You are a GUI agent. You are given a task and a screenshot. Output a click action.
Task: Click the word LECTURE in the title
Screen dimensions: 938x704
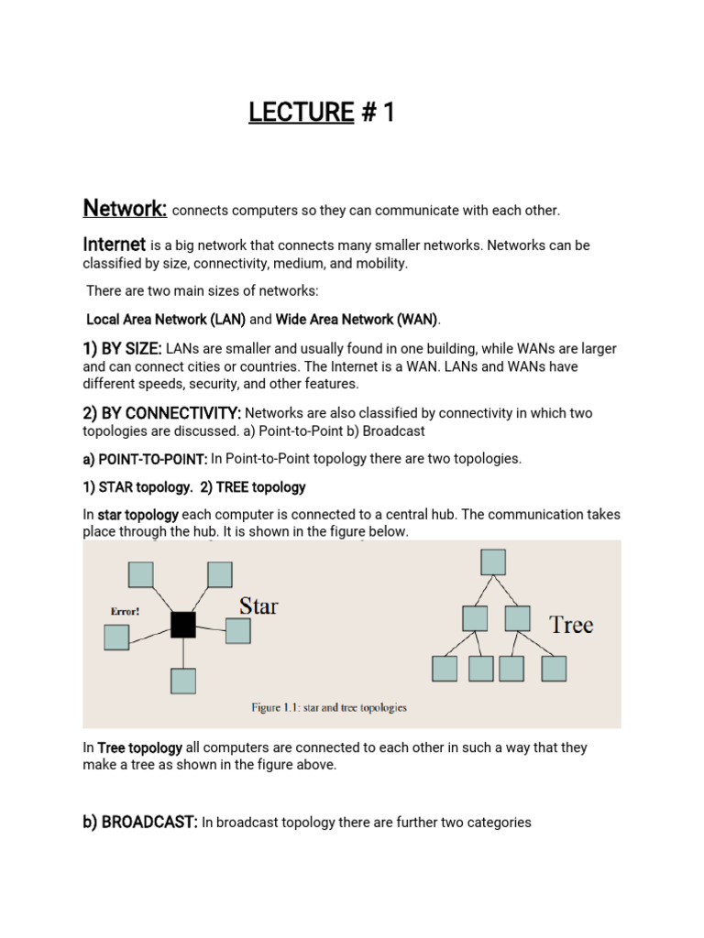301,113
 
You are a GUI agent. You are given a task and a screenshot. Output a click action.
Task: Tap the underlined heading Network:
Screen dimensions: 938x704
125,209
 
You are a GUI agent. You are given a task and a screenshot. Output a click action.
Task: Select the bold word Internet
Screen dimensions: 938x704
115,245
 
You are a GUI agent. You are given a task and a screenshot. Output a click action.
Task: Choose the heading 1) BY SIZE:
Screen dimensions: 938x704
123,349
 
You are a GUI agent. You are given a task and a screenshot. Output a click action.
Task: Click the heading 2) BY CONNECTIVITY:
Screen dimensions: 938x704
162,413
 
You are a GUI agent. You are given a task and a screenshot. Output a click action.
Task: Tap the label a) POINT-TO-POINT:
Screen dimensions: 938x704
145,458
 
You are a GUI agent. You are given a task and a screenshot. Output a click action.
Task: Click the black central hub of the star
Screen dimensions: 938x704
183,625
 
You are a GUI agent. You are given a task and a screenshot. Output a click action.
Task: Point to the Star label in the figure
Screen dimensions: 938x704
258,605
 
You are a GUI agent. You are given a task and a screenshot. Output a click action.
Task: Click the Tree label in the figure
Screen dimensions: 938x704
570,626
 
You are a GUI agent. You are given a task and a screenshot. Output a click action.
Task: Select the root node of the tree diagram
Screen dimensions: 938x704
493,561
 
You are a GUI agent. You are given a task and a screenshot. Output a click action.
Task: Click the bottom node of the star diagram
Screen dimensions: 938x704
183,681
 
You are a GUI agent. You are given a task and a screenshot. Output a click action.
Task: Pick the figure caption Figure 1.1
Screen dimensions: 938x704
329,707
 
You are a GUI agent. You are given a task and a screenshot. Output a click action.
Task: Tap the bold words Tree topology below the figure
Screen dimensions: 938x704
139,747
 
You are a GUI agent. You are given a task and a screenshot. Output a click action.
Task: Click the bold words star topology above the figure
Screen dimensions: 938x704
139,515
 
